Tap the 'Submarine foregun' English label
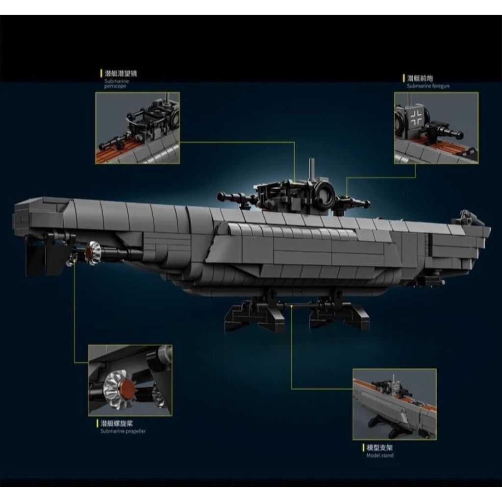428,86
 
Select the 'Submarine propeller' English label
123,431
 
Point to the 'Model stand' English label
380,455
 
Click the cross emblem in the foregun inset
417,116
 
